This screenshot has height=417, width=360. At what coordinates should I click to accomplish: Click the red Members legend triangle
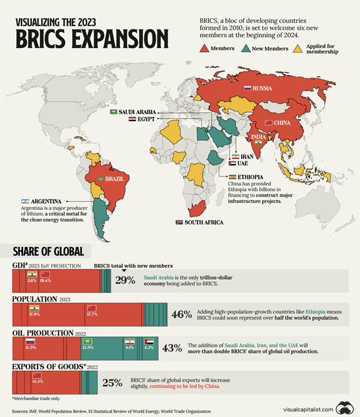pos(205,48)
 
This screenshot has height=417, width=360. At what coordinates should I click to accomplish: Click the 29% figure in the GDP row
pos(125,280)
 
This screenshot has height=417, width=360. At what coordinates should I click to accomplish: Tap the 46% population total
pos(181,314)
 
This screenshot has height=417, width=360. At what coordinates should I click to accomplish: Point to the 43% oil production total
pos(172,348)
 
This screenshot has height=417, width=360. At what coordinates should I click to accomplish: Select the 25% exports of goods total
pos(112,382)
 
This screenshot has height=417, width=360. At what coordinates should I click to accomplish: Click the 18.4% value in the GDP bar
pos(45,281)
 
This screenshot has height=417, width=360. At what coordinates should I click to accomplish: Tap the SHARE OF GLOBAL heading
pos(49,251)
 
